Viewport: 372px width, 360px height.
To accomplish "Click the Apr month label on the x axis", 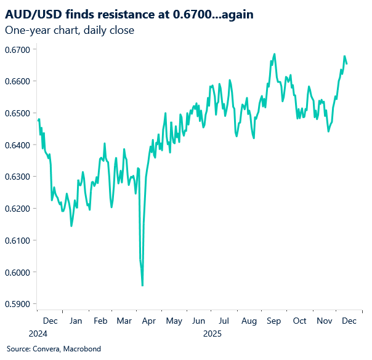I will pyautogui.click(x=150, y=321).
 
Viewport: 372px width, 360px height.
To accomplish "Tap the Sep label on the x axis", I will pyautogui.click(x=274, y=321).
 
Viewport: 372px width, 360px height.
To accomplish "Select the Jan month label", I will pyautogui.click(x=75, y=321).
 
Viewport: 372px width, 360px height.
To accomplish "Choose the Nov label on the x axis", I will pyautogui.click(x=324, y=321).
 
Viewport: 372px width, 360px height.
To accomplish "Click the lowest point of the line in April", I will pyautogui.click(x=143, y=286).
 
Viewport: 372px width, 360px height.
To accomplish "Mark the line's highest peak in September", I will pyautogui.click(x=274, y=54).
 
